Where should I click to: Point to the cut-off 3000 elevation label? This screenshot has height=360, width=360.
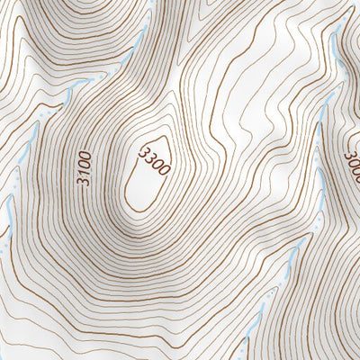point(352,167)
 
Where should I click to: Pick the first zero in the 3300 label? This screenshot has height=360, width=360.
point(156,166)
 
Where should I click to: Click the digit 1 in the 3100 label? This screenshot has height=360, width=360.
point(84,172)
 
